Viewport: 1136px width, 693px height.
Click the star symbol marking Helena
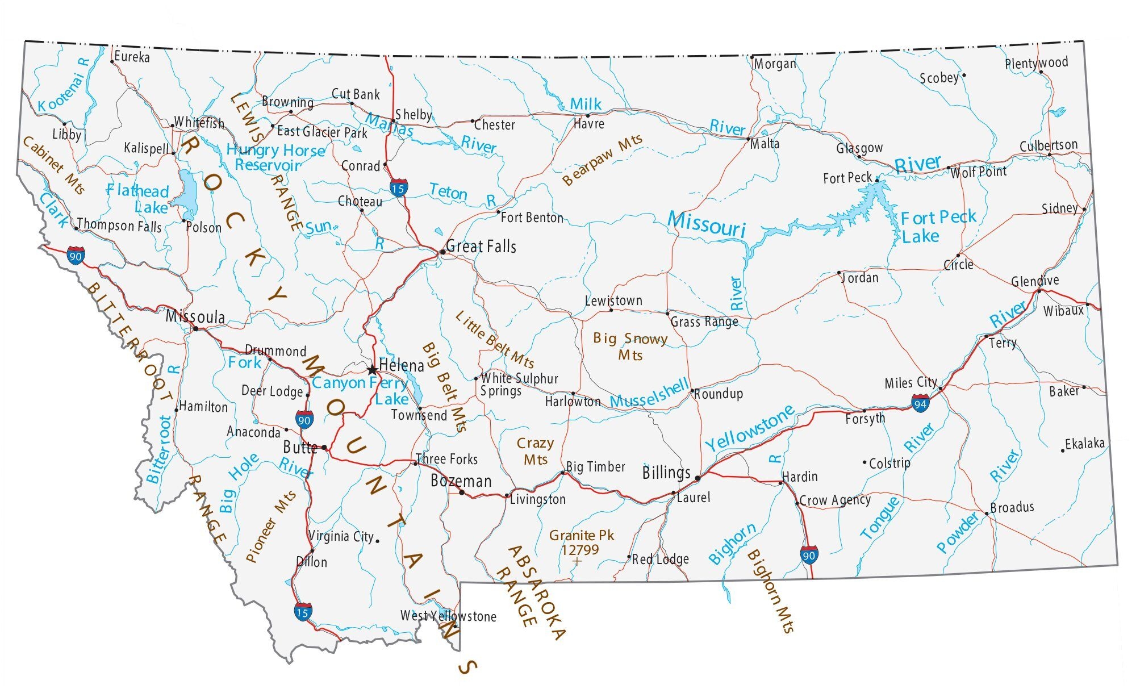[372, 370]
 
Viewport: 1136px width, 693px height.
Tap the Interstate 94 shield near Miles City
[920, 404]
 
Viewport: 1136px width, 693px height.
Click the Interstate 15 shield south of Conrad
[398, 187]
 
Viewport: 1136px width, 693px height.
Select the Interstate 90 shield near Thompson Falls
[75, 255]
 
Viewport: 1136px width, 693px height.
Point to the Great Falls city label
[481, 247]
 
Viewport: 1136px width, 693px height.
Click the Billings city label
[666, 473]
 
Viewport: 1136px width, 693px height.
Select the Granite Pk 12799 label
[581, 542]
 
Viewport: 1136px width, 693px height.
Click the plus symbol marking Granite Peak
[577, 562]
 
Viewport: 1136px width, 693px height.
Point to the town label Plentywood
[1036, 63]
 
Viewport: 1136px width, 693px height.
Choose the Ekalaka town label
[1084, 444]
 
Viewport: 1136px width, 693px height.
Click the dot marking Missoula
[196, 328]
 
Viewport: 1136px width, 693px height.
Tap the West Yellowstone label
[448, 616]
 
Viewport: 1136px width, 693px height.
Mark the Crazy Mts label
[535, 451]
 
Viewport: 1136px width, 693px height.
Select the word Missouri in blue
[706, 223]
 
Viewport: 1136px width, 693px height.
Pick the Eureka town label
[132, 57]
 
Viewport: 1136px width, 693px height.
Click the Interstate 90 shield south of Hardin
[809, 554]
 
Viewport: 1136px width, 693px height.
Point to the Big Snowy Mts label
[630, 346]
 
